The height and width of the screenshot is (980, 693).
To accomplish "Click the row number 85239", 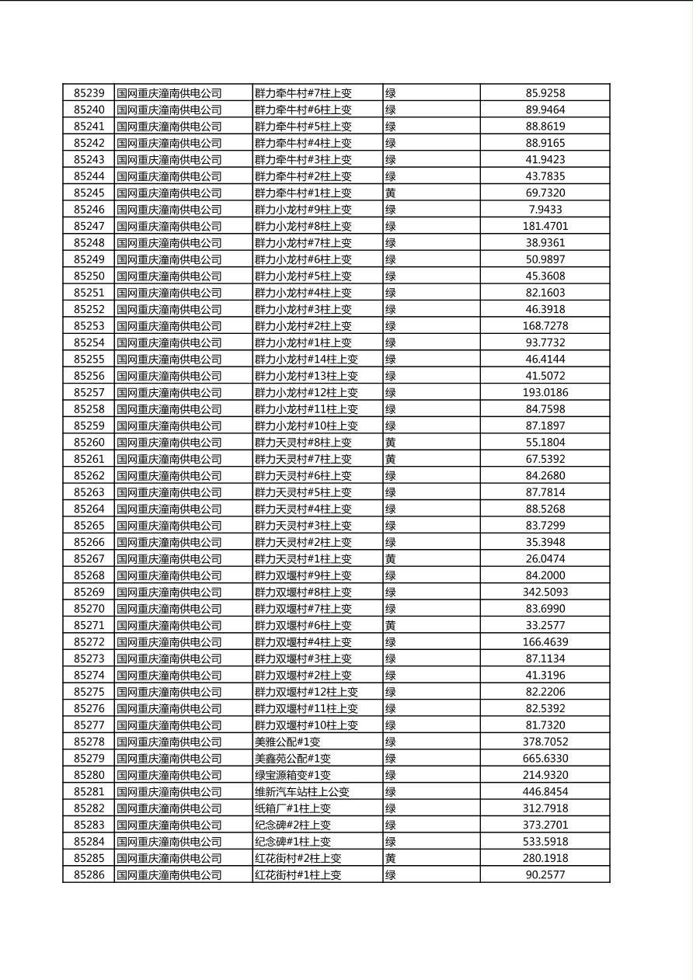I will click(x=89, y=93).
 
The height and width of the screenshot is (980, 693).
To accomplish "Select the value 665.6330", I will click(x=545, y=759).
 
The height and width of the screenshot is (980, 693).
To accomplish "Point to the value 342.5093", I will click(x=545, y=593).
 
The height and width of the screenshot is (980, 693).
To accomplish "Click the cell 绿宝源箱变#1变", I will click(x=293, y=775).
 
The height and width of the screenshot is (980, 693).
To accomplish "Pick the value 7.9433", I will click(x=545, y=210).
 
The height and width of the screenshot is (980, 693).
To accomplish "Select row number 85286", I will click(x=89, y=875).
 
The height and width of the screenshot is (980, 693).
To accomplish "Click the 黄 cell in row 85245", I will click(x=391, y=193).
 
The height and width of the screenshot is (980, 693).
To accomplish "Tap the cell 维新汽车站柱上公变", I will click(x=302, y=792).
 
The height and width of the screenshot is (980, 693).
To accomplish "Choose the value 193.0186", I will click(x=545, y=393).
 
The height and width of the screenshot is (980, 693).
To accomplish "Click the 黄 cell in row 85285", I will click(x=391, y=858).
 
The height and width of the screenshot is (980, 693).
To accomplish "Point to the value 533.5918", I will click(x=545, y=842).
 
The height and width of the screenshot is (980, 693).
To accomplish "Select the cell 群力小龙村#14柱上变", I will click(x=306, y=360).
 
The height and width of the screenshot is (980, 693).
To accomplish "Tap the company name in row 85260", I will click(x=169, y=443).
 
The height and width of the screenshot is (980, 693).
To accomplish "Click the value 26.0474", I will click(x=545, y=559).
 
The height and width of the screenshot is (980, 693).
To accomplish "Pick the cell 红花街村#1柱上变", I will click(x=298, y=875).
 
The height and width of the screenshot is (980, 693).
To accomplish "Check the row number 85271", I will click(x=89, y=626).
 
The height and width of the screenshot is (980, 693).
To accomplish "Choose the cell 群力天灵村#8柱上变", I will click(x=303, y=443).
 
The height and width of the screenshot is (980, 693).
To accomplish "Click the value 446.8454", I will click(x=545, y=792).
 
